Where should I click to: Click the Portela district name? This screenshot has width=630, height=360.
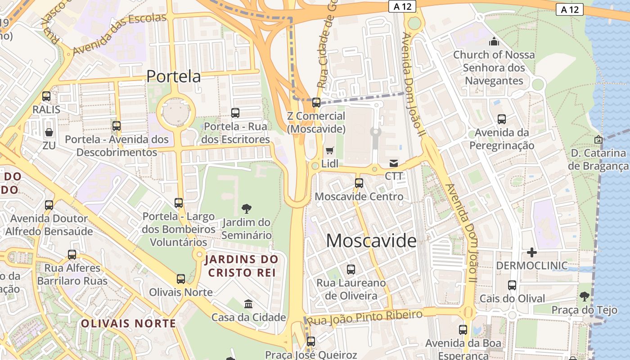(173, 76)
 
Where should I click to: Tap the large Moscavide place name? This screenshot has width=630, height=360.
(371, 241)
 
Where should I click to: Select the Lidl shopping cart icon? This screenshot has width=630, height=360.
(330, 151)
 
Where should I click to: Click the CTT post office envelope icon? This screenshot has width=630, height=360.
(394, 163)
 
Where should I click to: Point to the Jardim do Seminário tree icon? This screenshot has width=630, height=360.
(247, 208)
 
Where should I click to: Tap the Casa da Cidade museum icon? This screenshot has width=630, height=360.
(248, 304)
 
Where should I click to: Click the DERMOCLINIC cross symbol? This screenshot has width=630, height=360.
(532, 252)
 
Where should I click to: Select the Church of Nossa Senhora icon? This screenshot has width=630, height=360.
(494, 42)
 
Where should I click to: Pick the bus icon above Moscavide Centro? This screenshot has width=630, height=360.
(359, 183)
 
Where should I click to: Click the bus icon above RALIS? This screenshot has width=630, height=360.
(46, 96)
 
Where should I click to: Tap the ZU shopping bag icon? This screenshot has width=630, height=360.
(49, 132)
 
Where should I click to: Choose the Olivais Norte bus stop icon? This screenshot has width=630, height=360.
(181, 279)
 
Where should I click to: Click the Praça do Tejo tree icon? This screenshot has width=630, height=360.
(585, 296)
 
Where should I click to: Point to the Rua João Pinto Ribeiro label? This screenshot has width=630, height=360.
(364, 316)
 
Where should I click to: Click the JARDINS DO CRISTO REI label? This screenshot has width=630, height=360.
(241, 266)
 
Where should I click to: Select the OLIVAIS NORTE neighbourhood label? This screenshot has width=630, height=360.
(128, 323)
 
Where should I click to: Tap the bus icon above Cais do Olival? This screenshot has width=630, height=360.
(512, 285)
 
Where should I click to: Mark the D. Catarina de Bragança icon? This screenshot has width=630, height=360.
(598, 139)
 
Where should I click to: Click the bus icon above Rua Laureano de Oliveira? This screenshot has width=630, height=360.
(351, 270)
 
